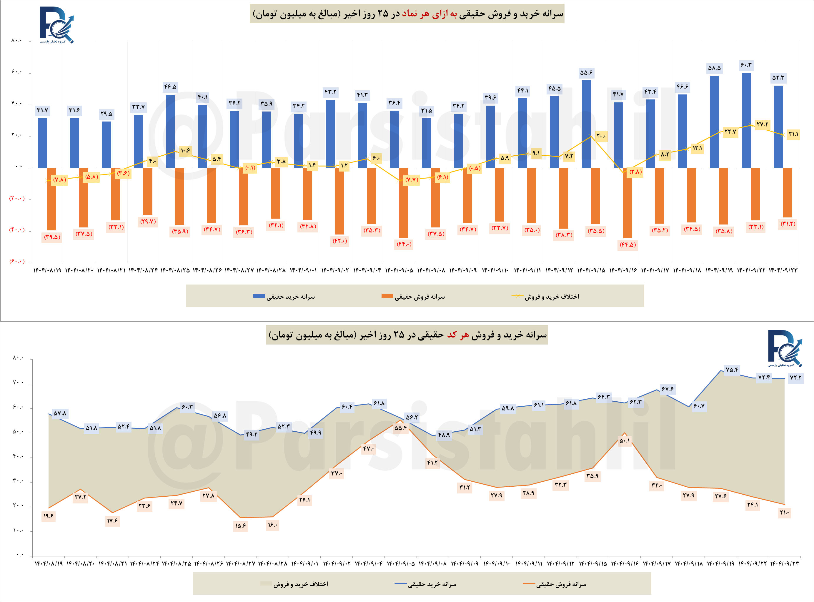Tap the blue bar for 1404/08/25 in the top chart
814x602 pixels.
[170, 131]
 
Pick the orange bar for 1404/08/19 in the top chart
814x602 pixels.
[51, 199]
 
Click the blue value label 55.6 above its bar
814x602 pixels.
[586, 72]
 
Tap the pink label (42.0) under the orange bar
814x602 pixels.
[339, 241]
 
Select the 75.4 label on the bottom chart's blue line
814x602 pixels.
[732, 370]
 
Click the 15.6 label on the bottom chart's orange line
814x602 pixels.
[240, 526]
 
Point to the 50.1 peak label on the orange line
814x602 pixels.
[625, 440]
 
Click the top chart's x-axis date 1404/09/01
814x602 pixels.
[304, 270]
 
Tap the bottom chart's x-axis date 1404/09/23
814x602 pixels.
[785, 563]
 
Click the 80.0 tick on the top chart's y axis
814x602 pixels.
[16, 40]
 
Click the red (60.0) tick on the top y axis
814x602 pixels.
[17, 261]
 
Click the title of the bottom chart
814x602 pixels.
[407, 335]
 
